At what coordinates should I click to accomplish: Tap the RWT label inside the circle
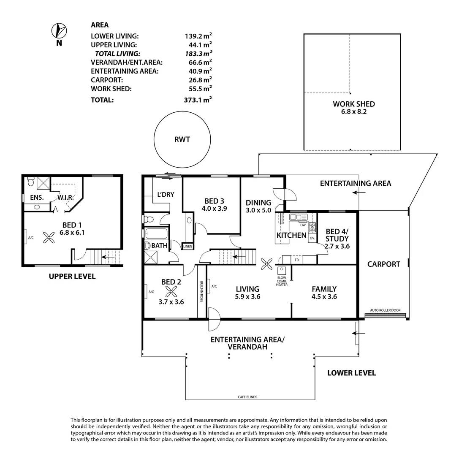point(182,140)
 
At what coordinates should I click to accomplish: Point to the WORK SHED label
point(353,104)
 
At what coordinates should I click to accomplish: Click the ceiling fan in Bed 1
point(50,238)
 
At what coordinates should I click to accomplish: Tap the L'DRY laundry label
point(166,195)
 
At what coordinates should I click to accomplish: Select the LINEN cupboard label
point(187,246)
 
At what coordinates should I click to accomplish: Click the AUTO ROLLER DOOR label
point(385,310)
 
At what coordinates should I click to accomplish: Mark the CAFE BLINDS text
point(247,397)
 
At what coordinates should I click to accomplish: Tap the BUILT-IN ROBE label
point(202,291)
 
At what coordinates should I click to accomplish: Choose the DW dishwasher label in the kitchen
point(303,225)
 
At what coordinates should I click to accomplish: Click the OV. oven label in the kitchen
point(312,239)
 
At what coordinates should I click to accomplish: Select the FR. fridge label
point(297,260)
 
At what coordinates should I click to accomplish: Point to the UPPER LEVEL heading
point(72,277)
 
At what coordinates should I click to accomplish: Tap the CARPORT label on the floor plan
point(383,264)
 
